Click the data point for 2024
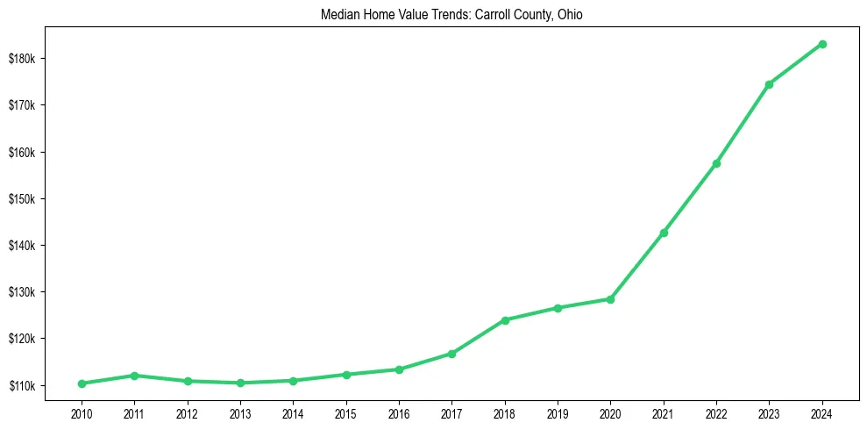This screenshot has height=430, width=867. (x=822, y=44)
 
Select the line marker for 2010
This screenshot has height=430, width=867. (x=82, y=383)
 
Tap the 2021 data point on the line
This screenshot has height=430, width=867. (x=664, y=233)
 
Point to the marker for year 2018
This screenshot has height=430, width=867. (x=505, y=320)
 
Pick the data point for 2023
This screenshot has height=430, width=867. (x=769, y=84)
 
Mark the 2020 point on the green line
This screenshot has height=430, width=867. (x=610, y=299)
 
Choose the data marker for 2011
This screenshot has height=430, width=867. (x=134, y=376)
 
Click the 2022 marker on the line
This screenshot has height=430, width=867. (x=716, y=163)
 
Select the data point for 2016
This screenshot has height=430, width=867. (x=399, y=369)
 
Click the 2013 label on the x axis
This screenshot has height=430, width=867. (x=240, y=412)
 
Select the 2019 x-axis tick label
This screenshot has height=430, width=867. (x=558, y=412)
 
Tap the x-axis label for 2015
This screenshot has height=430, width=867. (x=346, y=412)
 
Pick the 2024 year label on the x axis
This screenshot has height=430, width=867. (x=822, y=412)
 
